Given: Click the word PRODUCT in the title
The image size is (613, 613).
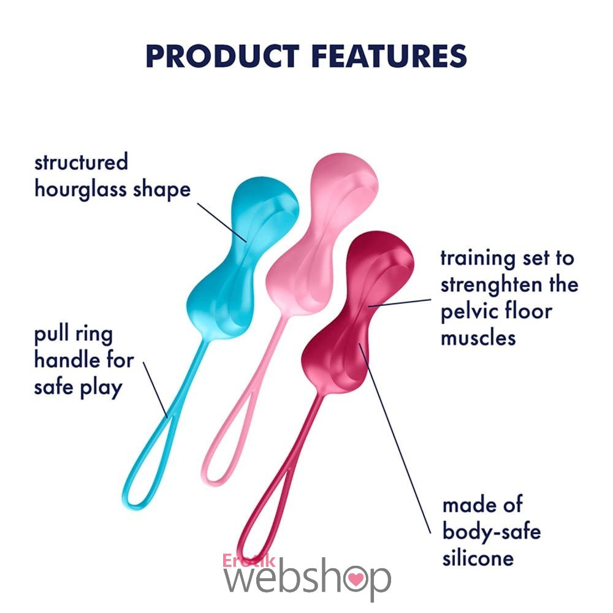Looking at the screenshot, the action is click(223, 56).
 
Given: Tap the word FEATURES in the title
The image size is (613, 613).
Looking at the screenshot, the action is click(389, 56).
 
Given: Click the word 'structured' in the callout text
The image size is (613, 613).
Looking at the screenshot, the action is click(81, 162).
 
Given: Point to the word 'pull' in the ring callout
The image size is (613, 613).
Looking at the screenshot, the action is click(51, 335).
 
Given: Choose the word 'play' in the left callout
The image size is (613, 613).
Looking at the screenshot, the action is click(101, 388).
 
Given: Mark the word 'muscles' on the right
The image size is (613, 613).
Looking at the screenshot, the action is click(478, 338).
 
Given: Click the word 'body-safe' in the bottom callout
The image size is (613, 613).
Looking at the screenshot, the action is click(492, 531).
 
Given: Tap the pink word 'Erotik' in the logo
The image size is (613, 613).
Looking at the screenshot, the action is click(249, 561).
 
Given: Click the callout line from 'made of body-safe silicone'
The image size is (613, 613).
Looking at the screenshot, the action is click(395, 438).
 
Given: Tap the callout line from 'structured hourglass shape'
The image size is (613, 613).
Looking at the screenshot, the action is click(222, 222).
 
